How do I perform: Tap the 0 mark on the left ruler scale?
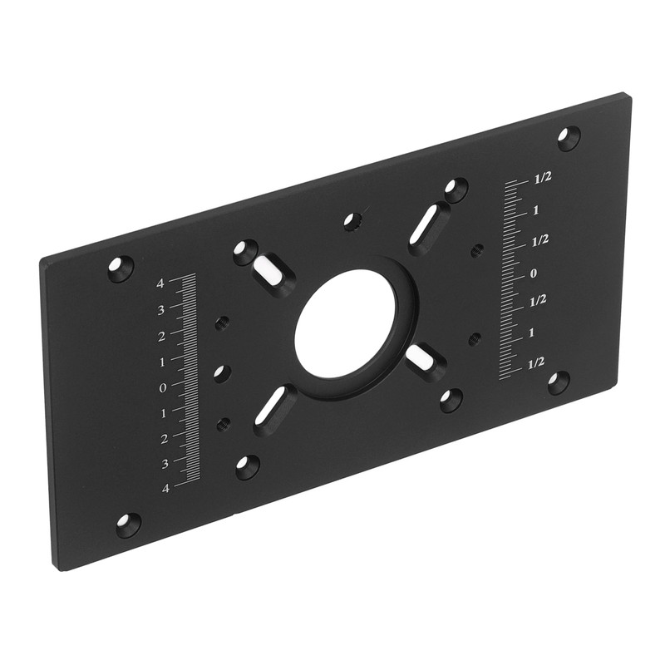163,387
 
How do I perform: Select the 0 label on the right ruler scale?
534,273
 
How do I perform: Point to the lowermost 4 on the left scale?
165,489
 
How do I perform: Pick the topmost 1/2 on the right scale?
543,179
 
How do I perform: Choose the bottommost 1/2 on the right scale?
536,363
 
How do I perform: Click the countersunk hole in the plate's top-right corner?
569,137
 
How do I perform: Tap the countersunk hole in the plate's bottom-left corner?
128,525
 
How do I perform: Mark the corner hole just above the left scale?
121,268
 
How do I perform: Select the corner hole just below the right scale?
558,382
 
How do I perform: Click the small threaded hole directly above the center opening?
352,222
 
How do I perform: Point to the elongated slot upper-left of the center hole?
271,268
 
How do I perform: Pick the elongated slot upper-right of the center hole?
429,226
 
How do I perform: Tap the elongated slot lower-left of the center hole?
273,408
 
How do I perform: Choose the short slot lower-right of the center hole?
423,360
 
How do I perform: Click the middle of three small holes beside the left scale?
222,374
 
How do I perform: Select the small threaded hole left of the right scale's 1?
475,338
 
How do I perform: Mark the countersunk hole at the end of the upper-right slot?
456,190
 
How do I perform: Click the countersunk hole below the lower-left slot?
247,466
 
